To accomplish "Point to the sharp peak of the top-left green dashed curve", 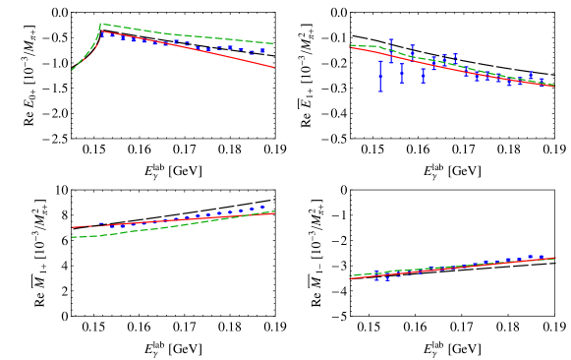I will [x=101, y=24].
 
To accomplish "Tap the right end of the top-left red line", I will [x=273, y=67].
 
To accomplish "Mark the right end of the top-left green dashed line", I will [x=273, y=43].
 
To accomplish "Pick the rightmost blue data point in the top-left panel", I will [x=262, y=50].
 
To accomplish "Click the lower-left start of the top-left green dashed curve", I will [x=72, y=70].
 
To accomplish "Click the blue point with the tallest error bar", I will [x=380, y=76].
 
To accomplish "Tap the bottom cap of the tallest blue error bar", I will [x=380, y=90].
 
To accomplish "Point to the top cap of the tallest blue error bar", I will [x=380, y=62].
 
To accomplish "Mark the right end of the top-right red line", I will [x=554, y=86].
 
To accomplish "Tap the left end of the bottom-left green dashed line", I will [x=72, y=237].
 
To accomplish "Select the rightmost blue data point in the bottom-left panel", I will [x=262, y=208].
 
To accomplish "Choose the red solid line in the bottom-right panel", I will [x=452, y=268].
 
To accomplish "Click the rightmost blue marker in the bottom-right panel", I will [x=542, y=258].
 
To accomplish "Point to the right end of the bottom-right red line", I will [x=554, y=259].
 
